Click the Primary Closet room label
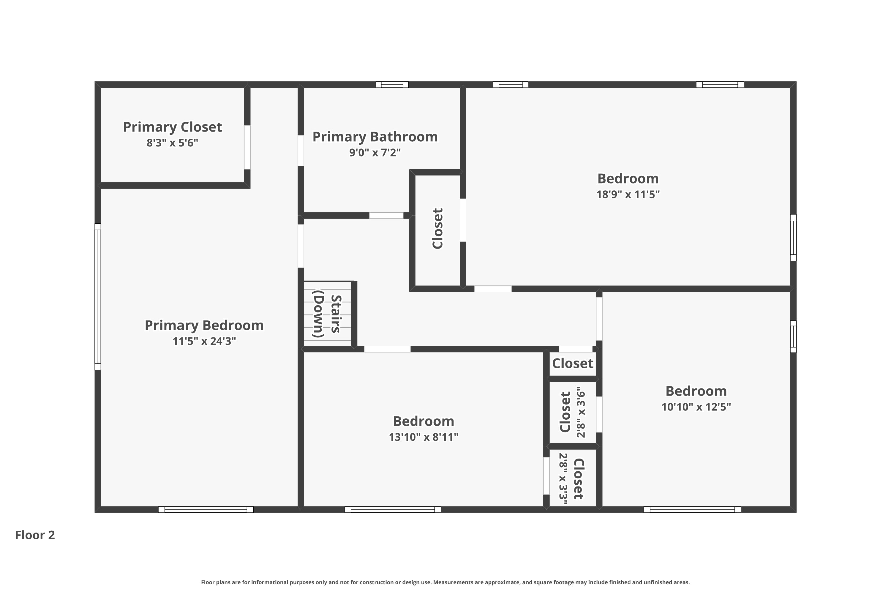point(172,127)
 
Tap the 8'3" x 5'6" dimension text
point(172,143)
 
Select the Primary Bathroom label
point(375,137)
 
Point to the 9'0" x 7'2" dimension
point(375,153)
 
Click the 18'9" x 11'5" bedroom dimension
point(628,194)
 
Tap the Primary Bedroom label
point(204,326)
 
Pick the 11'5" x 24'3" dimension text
point(204,341)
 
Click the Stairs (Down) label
point(327,314)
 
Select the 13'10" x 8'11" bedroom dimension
point(423,437)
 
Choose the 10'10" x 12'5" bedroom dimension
point(696,407)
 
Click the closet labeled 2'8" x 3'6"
point(572,412)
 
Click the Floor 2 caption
point(35,535)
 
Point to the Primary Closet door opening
point(247,147)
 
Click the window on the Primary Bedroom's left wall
point(98,297)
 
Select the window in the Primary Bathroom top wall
point(392,84)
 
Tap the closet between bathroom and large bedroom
point(437,228)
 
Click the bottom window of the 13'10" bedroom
point(392,510)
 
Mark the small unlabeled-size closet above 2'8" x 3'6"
point(572,364)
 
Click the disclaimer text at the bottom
point(445,582)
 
